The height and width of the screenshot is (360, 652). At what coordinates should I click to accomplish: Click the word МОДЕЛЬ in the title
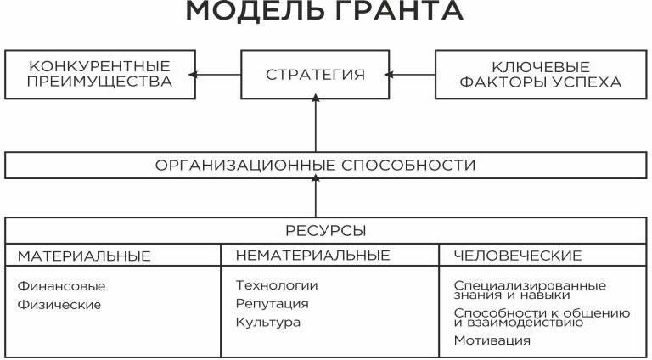[x=255, y=10]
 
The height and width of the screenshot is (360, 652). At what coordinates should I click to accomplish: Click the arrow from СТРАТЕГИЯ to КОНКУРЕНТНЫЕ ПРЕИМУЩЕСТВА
[x=215, y=75]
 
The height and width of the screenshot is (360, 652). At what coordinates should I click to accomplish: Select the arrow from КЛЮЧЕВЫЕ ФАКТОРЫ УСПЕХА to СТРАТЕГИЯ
[x=410, y=75]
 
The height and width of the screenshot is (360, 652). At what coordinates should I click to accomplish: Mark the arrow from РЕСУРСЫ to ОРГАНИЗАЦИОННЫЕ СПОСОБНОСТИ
[x=316, y=196]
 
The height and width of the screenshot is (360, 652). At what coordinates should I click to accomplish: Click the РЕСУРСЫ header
[x=326, y=231]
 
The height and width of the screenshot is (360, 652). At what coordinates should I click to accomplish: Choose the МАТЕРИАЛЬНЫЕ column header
[x=84, y=256]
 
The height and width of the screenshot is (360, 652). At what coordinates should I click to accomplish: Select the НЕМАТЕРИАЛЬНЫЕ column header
[x=312, y=256]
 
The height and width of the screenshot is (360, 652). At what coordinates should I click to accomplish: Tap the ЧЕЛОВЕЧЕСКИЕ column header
[x=518, y=256]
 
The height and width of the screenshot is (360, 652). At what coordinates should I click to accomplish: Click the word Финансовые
[x=61, y=286]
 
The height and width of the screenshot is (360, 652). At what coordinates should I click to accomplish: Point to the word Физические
[x=59, y=305]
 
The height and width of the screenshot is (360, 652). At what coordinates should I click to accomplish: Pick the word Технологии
[x=277, y=285]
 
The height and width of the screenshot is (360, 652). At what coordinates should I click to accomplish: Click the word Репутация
[x=272, y=304]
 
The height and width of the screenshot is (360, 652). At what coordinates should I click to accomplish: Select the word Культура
[x=267, y=322]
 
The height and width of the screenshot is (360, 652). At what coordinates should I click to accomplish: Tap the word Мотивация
[x=492, y=340]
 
